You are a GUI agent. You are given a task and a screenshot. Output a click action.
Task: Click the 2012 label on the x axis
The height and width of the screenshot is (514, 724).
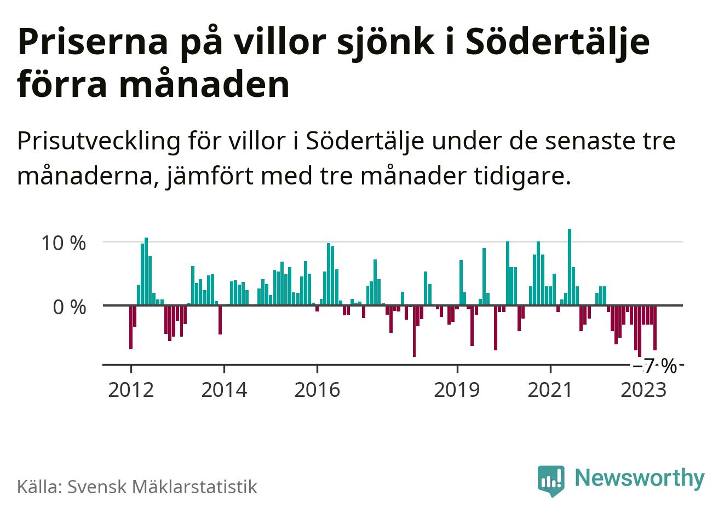point(131,390)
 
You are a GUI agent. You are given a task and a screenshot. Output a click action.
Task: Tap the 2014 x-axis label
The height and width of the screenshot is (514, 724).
point(224,390)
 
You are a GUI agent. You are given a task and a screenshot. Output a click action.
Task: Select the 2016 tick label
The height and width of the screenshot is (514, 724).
point(317,390)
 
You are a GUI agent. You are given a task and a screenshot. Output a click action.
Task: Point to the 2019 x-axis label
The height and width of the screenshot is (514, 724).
point(457,390)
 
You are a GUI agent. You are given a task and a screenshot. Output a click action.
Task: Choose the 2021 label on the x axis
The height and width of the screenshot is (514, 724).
point(550,390)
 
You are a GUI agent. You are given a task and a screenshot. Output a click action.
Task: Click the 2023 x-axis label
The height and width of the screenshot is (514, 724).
point(643,390)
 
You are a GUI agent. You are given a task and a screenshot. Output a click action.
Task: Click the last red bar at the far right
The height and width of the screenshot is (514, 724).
point(655,327)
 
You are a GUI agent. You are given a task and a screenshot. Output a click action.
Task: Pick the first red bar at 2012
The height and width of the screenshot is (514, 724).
point(131,327)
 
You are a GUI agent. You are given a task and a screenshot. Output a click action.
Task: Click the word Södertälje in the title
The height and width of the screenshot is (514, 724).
point(556,42)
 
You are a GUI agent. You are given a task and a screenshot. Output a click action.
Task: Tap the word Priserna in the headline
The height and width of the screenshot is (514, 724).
point(92,42)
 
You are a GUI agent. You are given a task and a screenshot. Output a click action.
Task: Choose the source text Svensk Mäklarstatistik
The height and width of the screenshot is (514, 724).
point(162,487)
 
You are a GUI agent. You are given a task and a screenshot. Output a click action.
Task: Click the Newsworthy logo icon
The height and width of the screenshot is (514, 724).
point(551,480)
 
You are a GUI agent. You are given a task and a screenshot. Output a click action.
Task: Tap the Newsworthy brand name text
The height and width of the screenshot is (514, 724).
point(640,478)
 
